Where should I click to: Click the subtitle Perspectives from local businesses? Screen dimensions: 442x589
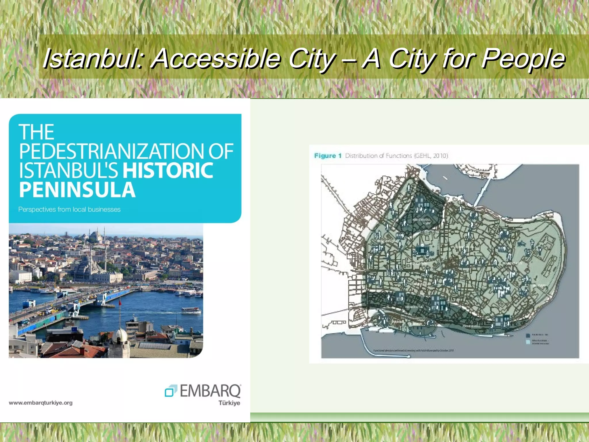point(69,209)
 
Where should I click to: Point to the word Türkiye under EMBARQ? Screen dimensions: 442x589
point(229,403)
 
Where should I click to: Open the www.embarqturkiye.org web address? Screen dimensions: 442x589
point(41,403)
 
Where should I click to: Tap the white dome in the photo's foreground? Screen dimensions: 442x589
point(120,335)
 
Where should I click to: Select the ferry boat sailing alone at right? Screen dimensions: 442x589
point(191,310)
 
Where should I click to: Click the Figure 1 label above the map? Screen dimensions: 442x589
point(328,156)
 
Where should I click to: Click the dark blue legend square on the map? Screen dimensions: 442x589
point(528,336)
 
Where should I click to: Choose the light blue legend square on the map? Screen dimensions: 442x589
point(528,342)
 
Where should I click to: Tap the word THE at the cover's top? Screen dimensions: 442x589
point(37,132)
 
